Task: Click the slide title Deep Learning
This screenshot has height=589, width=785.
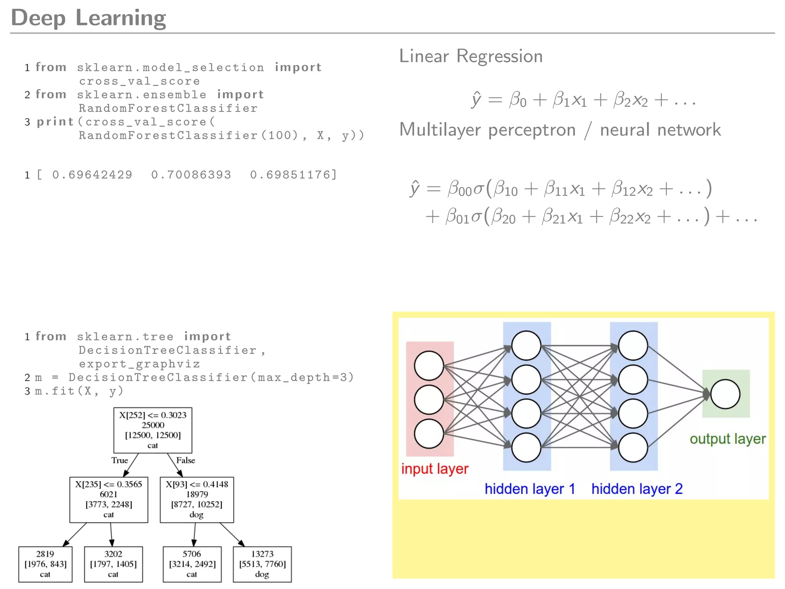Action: coord(89,18)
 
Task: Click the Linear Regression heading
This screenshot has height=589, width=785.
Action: coord(471,56)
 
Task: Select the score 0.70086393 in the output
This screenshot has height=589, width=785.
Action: coord(191,175)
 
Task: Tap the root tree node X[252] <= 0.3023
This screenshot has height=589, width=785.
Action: coord(153,430)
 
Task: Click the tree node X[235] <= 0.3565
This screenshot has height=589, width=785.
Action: coord(108,499)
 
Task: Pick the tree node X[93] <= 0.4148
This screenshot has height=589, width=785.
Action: coord(197,499)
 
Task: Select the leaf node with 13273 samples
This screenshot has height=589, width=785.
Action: coord(262,564)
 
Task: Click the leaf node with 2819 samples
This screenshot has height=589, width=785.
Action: coord(45,564)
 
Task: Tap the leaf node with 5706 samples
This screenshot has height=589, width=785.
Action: coord(192,564)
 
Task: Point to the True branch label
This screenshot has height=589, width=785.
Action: coord(120,460)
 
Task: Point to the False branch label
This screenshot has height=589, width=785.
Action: coord(186,460)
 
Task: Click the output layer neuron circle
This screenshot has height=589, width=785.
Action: coord(725,394)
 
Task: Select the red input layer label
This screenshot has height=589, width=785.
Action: coord(435,469)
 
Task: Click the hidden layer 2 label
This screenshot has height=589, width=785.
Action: coord(637,489)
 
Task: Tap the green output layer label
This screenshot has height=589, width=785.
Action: coord(728,439)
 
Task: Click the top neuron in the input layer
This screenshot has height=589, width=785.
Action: coord(429,365)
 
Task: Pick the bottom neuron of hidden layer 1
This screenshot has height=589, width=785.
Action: coord(526,447)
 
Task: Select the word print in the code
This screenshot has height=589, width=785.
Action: coord(55,122)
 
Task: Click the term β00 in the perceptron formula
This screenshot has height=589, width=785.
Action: coord(459,189)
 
